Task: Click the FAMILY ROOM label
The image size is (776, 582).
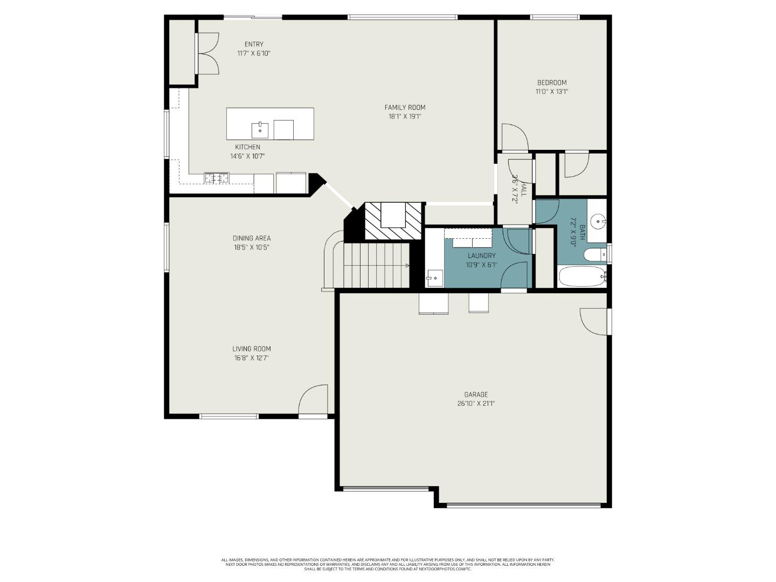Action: coord(404,107)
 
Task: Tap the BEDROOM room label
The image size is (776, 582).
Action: coord(551,82)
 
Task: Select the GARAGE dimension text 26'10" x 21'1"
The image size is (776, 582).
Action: coord(476,404)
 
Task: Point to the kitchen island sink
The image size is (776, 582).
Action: coord(260,130)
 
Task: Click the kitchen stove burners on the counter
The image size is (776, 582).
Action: coord(216,177)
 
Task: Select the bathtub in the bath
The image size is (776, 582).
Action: coord(582,277)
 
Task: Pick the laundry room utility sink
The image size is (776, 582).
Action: coord(434,278)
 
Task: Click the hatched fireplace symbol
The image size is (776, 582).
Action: coord(393,221)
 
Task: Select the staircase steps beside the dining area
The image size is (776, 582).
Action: coord(376,265)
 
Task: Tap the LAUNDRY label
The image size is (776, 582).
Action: coord(481,255)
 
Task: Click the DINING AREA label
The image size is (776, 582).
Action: coord(252,238)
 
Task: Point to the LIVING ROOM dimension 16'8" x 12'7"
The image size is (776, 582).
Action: coord(251,358)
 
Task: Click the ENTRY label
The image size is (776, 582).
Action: coord(254,44)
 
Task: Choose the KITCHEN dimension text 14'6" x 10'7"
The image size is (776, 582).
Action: coord(247,156)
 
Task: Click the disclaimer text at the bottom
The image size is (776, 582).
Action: coord(387,564)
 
